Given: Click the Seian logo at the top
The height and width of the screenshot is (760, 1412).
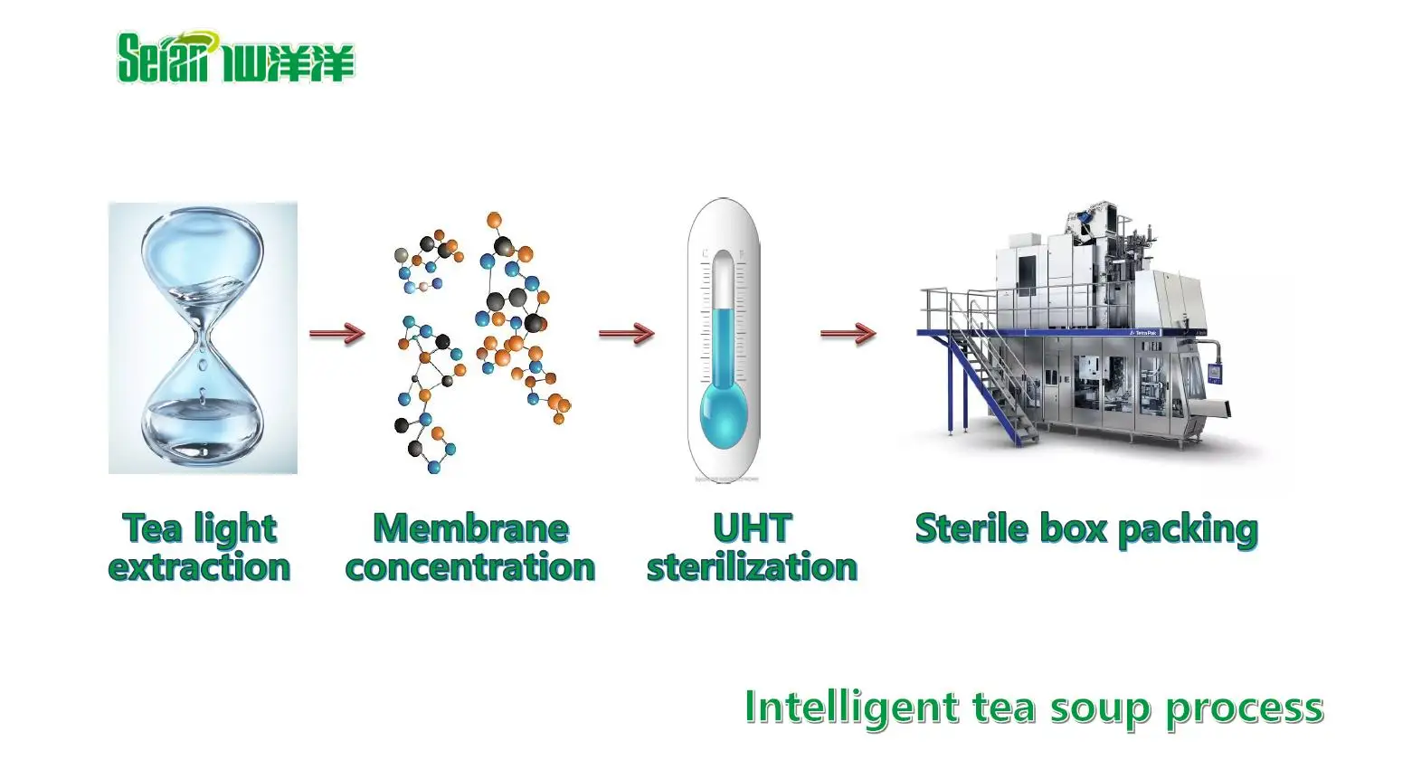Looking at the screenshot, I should pos(235,58).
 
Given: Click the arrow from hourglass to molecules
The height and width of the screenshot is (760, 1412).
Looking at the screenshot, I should pos(336,334).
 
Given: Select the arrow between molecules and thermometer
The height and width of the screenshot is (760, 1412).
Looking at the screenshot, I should pos(626,334).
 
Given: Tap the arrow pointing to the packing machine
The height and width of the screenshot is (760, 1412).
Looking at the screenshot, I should pos(848,334).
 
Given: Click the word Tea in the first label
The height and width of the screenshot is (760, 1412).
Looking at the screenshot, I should pos(151,528).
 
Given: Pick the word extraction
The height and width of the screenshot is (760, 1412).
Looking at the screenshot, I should pos(199,567).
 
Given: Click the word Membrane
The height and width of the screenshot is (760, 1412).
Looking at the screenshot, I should pos(470,528).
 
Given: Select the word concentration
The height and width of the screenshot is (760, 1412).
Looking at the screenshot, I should pos(470,567).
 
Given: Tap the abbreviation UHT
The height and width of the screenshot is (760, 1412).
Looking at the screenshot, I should pos(752,528).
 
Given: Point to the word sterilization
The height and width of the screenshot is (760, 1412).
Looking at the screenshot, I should pos(752,567).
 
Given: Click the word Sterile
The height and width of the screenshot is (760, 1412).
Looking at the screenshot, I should pos(963,528).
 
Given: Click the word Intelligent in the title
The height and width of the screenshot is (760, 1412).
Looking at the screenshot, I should pos(850,708).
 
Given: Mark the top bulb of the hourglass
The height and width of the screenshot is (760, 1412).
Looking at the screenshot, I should pos(203,262).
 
